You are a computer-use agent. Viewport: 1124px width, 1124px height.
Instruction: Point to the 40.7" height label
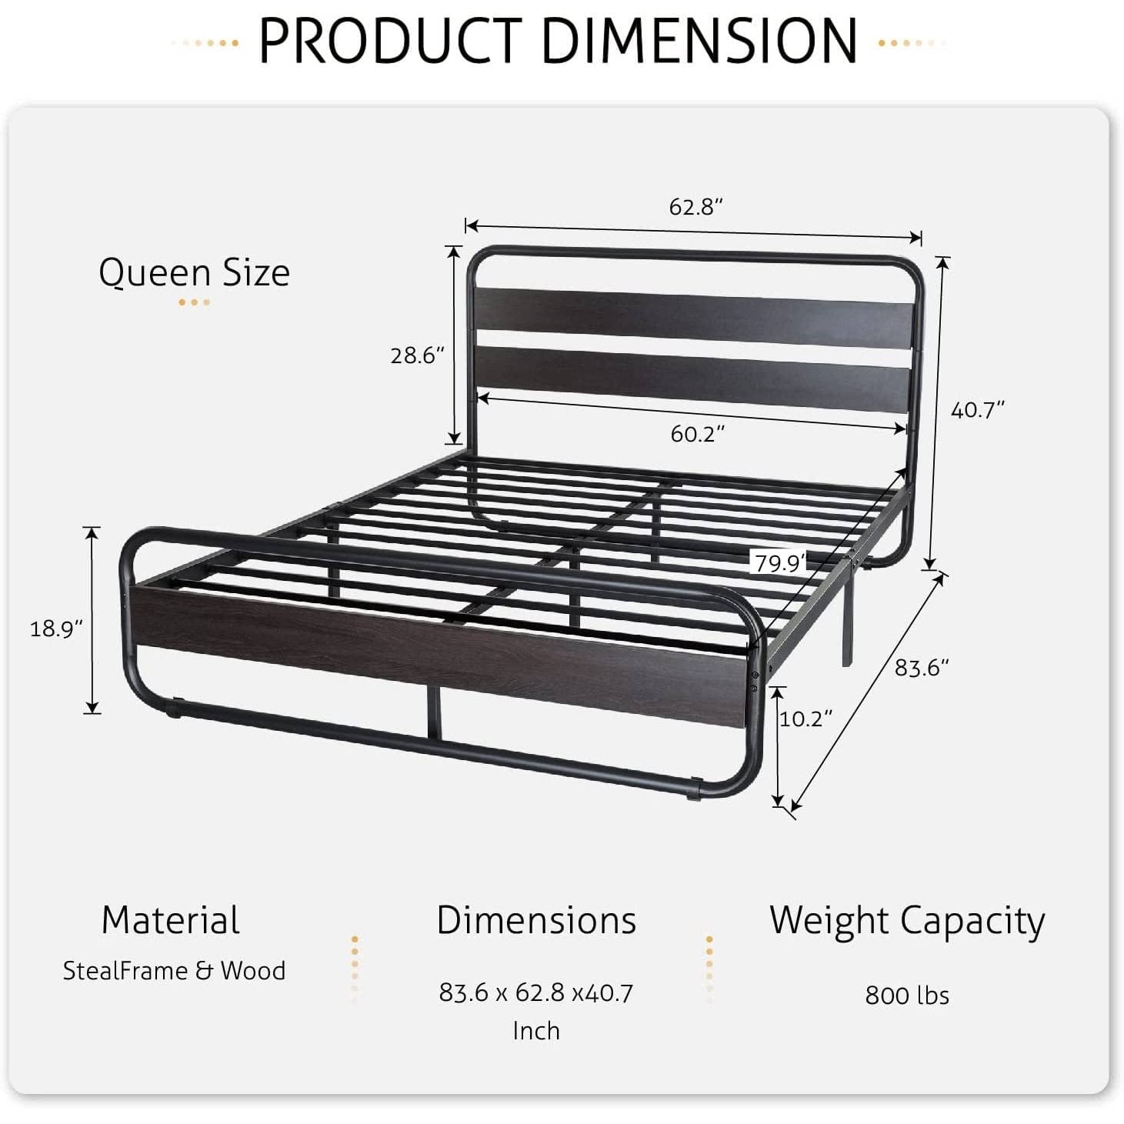point(978,410)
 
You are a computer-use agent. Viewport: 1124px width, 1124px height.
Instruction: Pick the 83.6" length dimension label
point(921,667)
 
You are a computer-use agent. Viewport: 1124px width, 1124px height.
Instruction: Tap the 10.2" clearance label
point(805,719)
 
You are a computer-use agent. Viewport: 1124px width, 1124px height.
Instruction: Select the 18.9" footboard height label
point(55,629)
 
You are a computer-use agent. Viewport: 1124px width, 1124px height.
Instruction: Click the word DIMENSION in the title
point(700,40)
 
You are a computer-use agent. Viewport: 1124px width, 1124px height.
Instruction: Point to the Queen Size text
point(194,273)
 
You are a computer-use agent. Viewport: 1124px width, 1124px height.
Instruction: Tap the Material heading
point(170,920)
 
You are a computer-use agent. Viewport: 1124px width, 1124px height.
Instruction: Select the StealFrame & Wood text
point(174,971)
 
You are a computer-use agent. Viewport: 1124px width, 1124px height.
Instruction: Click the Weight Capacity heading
point(907,920)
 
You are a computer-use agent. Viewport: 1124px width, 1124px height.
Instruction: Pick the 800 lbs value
point(907,996)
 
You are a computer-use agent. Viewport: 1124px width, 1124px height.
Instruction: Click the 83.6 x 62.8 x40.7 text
point(535,993)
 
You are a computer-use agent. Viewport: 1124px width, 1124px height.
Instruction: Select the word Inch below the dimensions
point(535,1031)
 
